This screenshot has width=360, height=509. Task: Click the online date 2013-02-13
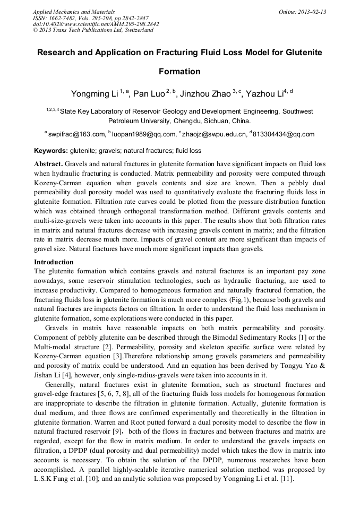(x=307, y=11)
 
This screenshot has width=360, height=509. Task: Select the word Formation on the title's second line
(x=179, y=72)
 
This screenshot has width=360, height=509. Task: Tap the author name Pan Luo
(x=147, y=94)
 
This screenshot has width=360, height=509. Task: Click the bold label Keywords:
(x=51, y=151)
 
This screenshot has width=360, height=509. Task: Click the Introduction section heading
(x=54, y=262)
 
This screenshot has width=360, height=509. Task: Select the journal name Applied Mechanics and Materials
(x=74, y=11)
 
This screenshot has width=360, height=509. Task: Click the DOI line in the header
(x=96, y=24)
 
